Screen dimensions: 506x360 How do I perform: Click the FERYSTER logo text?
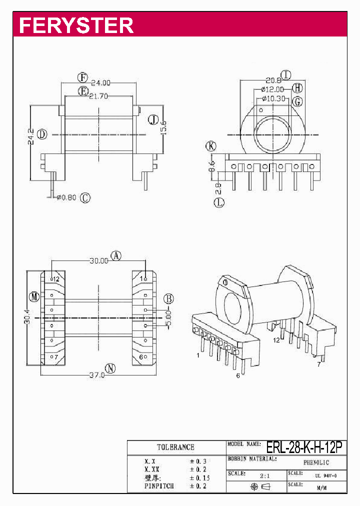click(x=76, y=25)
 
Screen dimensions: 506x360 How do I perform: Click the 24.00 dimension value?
click(x=100, y=83)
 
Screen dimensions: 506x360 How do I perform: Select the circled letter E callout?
click(x=83, y=90)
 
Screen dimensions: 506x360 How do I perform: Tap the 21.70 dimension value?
click(x=99, y=96)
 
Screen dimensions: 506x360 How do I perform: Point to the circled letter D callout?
click(x=42, y=134)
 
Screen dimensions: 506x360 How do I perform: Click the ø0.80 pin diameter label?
click(x=66, y=197)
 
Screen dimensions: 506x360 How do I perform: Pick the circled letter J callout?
click(x=153, y=119)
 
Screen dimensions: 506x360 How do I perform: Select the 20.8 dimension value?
click(x=273, y=80)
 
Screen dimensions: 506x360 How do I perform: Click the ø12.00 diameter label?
click(x=276, y=89)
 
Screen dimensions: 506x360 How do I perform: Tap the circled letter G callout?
click(x=298, y=101)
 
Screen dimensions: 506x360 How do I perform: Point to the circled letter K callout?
click(x=211, y=146)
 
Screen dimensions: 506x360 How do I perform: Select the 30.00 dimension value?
click(x=99, y=260)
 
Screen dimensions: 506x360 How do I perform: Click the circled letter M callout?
click(x=34, y=297)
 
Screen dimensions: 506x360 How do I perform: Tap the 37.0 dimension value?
click(x=96, y=374)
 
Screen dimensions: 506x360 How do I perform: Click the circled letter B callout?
click(x=169, y=299)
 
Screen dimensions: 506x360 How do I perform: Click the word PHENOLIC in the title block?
click(x=316, y=463)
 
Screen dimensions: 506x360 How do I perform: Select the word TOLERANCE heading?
click(x=175, y=447)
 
